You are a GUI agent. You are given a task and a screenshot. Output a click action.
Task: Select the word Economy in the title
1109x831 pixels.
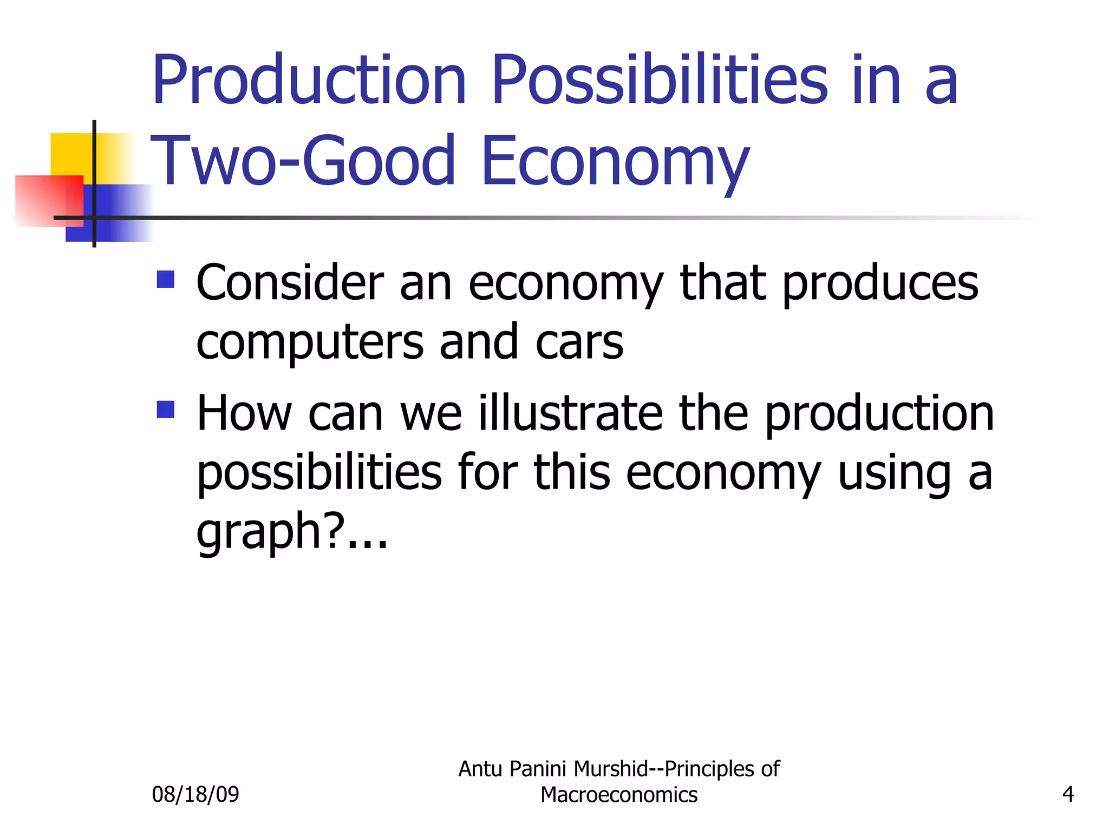(615, 162)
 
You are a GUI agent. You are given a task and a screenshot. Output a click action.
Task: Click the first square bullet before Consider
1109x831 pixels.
(166, 280)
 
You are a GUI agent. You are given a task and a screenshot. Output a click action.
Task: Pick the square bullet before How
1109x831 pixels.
(166, 410)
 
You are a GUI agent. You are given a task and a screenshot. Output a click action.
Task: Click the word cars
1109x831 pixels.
(579, 342)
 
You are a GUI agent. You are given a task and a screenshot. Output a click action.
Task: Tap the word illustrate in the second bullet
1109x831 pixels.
(571, 413)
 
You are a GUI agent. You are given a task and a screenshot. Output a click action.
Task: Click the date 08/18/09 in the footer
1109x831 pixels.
(195, 794)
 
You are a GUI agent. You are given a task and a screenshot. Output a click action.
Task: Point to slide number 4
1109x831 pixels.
(1068, 794)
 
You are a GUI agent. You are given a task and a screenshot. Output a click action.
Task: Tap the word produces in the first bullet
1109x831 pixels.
(880, 285)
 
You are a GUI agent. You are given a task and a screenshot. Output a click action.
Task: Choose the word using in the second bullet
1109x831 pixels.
(894, 473)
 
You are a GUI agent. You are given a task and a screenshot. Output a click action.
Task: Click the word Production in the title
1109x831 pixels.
(309, 80)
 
